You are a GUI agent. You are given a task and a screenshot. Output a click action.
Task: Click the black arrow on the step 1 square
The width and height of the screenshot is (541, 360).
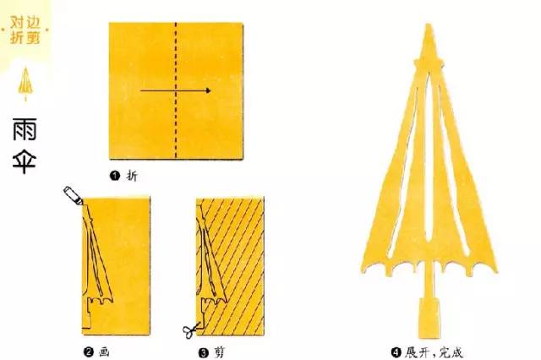(x=175, y=90)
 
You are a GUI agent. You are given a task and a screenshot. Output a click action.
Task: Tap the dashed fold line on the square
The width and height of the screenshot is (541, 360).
(x=176, y=90)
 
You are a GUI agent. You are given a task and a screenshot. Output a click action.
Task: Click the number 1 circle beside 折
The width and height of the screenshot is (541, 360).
(x=115, y=176)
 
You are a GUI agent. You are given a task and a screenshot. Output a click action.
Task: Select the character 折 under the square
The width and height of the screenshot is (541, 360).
(x=132, y=176)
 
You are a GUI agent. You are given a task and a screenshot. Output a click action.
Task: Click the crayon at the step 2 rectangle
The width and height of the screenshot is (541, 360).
(x=73, y=195)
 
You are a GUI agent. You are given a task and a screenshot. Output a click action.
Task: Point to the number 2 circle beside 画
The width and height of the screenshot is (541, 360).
(x=88, y=352)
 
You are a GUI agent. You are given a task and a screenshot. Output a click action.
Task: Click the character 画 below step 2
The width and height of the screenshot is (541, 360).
(x=104, y=352)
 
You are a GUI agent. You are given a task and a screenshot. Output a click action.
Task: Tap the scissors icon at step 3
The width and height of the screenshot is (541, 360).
(x=191, y=330)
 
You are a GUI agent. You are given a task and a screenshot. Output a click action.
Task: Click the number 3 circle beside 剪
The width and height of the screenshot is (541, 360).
(x=204, y=352)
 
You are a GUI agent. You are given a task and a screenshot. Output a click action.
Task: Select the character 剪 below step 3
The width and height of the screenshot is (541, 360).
(x=219, y=352)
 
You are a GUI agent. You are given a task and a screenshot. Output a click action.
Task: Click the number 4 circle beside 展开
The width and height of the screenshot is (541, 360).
(x=396, y=352)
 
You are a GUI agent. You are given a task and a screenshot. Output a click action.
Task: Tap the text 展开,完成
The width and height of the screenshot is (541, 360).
(x=434, y=352)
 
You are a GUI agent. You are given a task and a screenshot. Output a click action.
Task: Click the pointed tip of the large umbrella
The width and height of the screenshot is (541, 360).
(x=429, y=25)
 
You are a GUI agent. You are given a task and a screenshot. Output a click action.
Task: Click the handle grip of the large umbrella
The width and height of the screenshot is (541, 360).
(x=429, y=319)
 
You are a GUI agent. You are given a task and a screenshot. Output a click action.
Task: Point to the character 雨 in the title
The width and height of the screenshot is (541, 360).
(x=25, y=129)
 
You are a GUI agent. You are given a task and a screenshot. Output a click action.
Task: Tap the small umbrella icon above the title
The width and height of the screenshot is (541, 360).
(x=25, y=84)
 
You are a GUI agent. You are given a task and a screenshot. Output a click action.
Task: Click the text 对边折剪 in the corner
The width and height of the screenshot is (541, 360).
(x=25, y=30)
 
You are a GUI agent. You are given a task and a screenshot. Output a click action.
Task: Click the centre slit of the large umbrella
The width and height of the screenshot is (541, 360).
(x=429, y=159)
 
